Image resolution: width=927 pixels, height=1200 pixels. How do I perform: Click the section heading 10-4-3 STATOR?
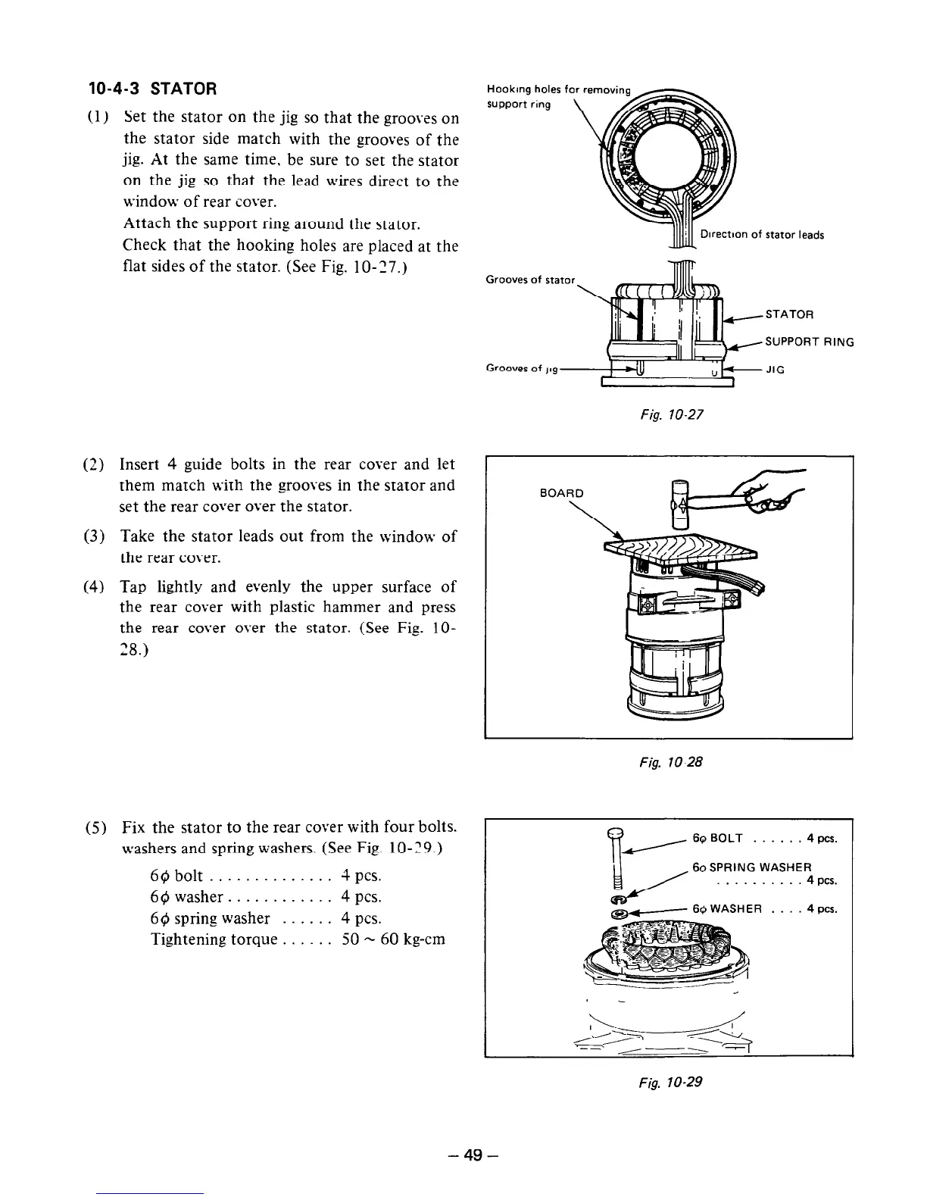click(x=153, y=89)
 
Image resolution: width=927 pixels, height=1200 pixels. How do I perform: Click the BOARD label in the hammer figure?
click(x=561, y=493)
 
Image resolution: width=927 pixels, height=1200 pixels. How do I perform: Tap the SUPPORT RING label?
click(x=810, y=342)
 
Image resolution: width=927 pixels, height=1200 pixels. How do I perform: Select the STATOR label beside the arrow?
click(x=789, y=314)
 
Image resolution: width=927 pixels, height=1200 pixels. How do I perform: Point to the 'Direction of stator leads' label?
click(x=762, y=235)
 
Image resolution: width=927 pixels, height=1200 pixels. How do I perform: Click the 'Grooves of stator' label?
click(x=530, y=280)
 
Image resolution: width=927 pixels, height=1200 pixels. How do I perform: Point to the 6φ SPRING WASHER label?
click(x=752, y=867)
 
